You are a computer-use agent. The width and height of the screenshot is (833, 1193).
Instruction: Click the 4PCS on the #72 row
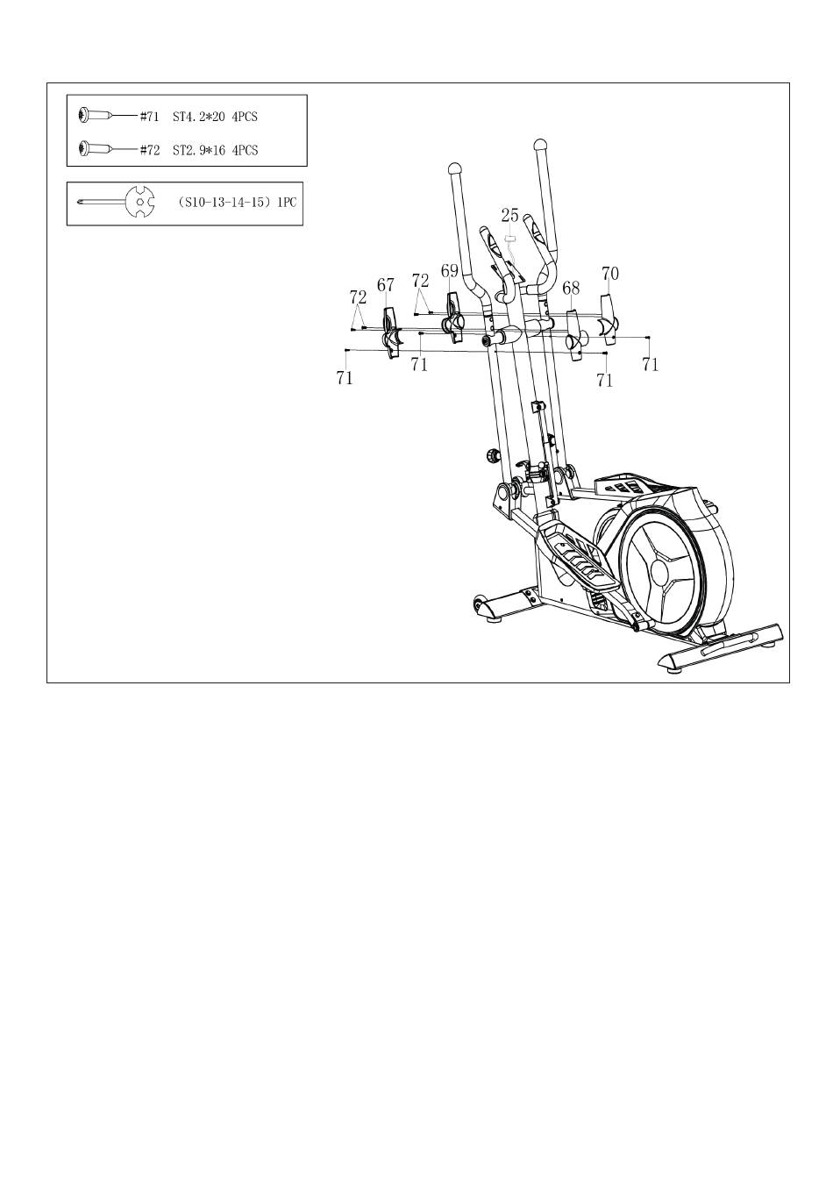[x=246, y=150]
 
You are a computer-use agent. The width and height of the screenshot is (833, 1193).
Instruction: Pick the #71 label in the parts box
[x=150, y=116]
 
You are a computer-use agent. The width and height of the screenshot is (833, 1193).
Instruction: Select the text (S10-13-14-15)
[x=224, y=203]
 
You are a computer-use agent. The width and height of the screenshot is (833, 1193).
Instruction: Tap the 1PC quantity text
[x=287, y=203]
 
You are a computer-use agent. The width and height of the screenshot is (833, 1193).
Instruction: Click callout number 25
[x=510, y=214]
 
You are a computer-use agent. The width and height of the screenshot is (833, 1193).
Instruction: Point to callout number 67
[x=386, y=285]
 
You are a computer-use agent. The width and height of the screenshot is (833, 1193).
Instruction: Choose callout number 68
[x=571, y=288]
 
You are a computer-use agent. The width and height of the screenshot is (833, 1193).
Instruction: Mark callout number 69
[x=450, y=271]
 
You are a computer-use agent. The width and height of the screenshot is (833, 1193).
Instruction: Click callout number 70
[x=610, y=274]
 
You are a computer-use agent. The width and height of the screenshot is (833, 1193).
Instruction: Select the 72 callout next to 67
[x=358, y=297]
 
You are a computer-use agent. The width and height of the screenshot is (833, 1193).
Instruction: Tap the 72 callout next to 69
[x=421, y=281]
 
